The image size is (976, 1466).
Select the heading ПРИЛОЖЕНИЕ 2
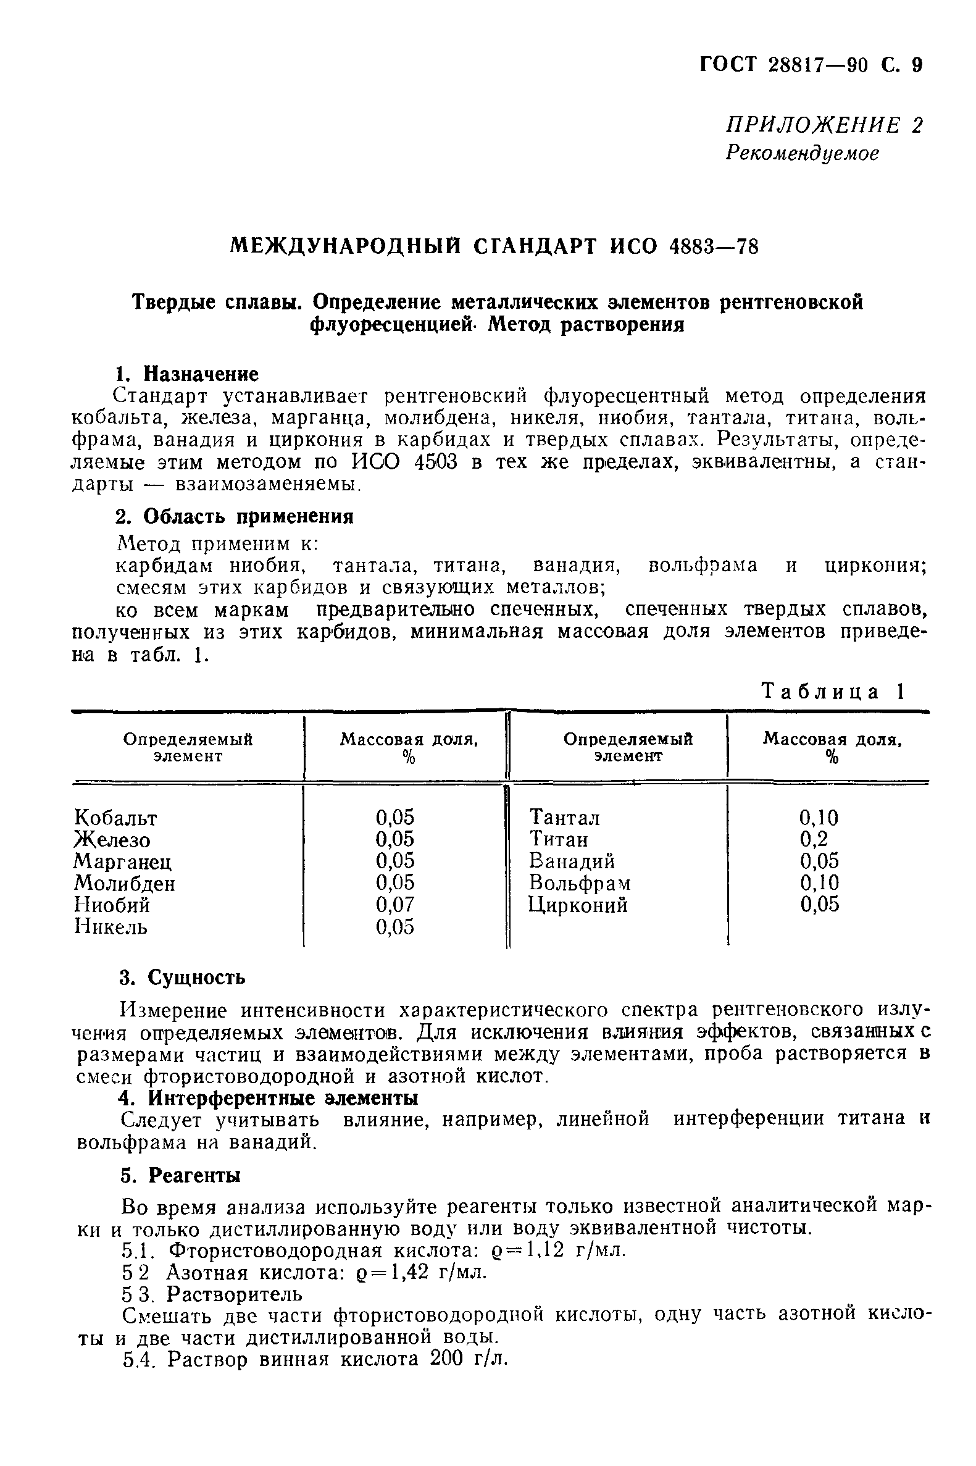coord(824,125)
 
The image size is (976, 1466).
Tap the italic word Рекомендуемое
coord(803,153)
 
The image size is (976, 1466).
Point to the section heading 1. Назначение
coord(187,374)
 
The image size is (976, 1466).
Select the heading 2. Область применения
coord(235,517)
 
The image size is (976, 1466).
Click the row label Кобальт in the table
coord(116,818)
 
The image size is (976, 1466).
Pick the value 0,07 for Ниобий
coord(394,905)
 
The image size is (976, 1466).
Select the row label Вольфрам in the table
coord(580,882)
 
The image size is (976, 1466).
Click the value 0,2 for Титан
coord(814,839)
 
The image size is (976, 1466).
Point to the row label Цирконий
coord(578,905)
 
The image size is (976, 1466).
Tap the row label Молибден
coord(125,882)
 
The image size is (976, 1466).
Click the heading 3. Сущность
coord(182,978)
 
